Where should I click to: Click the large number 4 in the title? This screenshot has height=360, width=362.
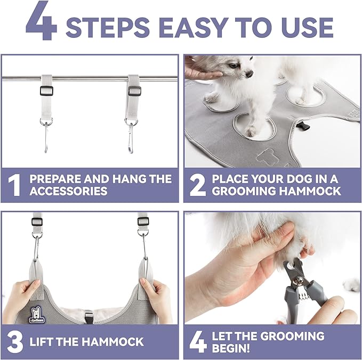tap(42, 21)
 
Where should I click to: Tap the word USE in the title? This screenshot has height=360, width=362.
tap(308, 27)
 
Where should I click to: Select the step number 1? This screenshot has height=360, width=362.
tap(14, 186)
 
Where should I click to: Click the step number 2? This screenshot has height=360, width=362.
tap(197, 186)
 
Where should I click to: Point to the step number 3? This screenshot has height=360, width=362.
tap(15, 342)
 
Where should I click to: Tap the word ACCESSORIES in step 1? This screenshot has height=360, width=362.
tap(69, 191)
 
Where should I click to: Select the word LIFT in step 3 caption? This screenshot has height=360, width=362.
tap(42, 342)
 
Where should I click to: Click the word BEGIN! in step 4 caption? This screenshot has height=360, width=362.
tap(231, 348)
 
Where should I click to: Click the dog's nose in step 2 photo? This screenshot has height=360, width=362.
tap(249, 74)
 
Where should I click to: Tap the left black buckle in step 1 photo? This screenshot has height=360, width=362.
tap(46, 91)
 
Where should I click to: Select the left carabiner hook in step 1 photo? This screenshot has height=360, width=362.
tap(46, 136)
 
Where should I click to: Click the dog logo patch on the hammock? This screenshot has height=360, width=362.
tap(37, 315)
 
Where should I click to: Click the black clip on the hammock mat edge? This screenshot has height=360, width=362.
tap(301, 126)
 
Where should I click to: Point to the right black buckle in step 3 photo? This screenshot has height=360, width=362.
tap(143, 222)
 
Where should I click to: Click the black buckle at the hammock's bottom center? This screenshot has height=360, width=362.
tap(89, 317)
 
